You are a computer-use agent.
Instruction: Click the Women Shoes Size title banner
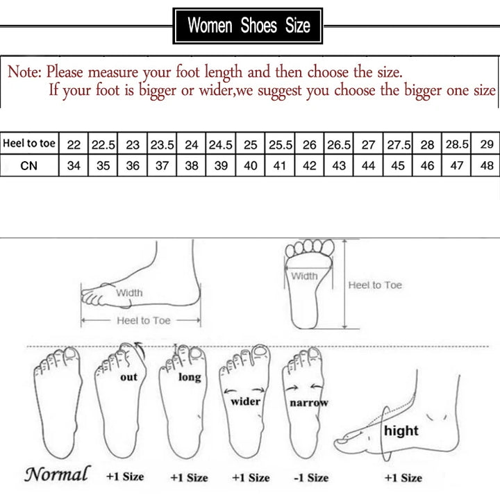248,26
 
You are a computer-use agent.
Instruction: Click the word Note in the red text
24,72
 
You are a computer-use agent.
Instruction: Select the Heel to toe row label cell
29,144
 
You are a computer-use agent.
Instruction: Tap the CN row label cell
29,166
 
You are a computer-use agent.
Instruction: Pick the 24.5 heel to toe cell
222,144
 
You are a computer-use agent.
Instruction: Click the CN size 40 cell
251,167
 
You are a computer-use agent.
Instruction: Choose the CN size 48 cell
487,167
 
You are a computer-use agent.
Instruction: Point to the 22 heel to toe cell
74,144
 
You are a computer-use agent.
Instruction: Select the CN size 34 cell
74,167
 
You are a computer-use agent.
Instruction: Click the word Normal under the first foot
57,475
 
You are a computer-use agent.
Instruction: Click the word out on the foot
129,377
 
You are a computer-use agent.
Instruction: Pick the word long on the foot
189,377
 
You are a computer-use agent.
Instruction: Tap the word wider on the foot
245,401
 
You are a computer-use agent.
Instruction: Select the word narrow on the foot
309,403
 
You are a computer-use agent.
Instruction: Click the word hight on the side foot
401,431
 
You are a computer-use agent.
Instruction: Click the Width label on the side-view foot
129,293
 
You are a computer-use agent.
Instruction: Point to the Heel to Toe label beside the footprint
375,285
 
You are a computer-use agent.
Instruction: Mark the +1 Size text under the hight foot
403,478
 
